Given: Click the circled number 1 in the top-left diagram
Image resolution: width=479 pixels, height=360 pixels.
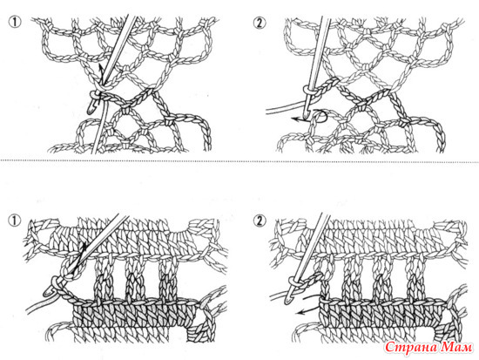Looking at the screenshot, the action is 16,23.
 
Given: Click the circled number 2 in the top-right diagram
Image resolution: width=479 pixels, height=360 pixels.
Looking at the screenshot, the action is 260,23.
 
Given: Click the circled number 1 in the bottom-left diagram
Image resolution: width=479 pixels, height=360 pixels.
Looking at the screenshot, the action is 16,221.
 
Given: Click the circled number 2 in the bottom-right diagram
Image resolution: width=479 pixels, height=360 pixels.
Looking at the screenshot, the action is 260,221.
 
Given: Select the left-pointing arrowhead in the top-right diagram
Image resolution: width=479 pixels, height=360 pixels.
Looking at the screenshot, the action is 293,119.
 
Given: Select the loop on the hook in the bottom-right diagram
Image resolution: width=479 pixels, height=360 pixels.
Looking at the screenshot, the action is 293,280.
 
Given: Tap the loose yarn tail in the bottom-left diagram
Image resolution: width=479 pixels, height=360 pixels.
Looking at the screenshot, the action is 40,305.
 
